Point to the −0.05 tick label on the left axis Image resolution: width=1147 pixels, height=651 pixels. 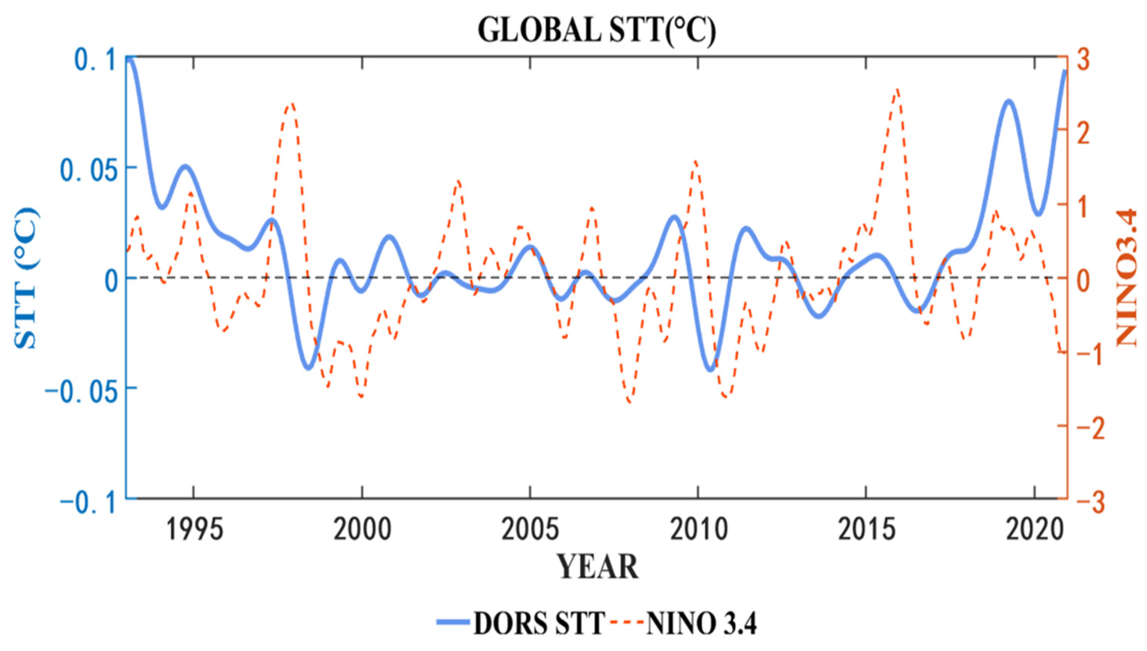coord(83,389)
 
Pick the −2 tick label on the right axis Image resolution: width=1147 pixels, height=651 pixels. coord(1091,428)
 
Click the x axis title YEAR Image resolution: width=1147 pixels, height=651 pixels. coord(597,567)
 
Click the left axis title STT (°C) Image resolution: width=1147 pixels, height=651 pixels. coord(26,277)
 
